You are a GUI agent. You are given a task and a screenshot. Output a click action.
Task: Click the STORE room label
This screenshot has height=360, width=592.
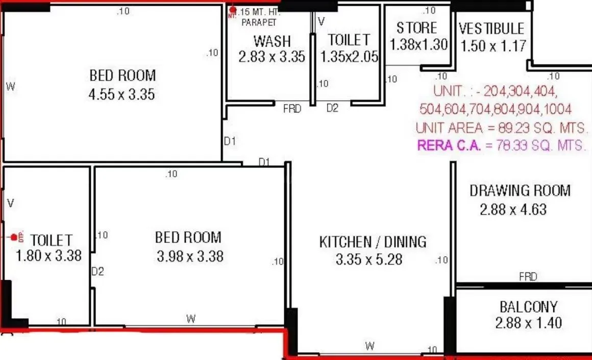(x=417, y=28)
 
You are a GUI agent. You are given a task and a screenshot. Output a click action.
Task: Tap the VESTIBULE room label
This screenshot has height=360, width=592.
(x=491, y=28)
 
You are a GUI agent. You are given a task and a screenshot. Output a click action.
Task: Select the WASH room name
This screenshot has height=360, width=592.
(x=272, y=40)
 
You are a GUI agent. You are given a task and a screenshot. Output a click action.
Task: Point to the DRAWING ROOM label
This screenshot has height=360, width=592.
(x=520, y=191)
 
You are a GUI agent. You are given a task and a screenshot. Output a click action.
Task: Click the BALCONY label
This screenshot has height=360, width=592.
(x=528, y=307)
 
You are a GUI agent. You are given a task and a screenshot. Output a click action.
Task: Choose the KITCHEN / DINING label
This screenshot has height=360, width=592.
(x=373, y=242)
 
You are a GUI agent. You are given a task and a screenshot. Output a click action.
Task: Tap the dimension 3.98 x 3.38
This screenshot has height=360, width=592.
(x=190, y=256)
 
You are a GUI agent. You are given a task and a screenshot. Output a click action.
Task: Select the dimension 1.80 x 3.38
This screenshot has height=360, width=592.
(x=49, y=255)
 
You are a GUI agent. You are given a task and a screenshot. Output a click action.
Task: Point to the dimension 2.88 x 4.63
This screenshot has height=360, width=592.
(x=513, y=209)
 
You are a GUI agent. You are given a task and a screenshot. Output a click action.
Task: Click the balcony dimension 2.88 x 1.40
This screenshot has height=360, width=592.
(x=528, y=323)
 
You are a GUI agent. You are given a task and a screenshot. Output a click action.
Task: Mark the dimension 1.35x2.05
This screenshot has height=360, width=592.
(x=349, y=56)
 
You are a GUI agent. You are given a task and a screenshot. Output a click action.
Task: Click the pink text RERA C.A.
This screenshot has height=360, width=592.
(x=449, y=145)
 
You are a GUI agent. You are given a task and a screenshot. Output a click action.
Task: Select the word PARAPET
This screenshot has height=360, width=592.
(x=259, y=22)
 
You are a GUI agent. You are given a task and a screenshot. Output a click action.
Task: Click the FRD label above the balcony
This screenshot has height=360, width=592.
(x=528, y=277)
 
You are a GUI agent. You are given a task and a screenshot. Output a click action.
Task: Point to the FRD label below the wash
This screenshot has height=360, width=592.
(x=292, y=108)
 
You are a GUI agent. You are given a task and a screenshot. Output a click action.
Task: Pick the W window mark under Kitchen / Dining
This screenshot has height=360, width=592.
(x=369, y=346)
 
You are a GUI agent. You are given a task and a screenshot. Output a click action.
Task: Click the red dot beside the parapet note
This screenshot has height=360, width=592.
(x=233, y=10)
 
